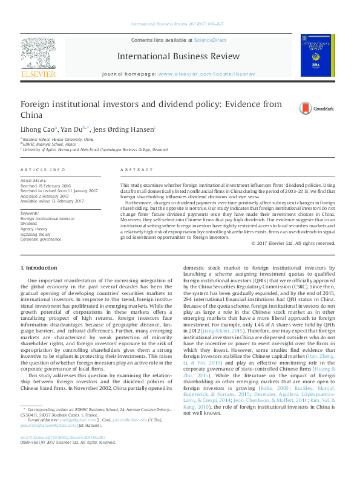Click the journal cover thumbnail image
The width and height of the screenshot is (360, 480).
[315, 56]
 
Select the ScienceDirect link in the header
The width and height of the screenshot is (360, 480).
[209, 40]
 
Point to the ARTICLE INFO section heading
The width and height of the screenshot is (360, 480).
[43, 170]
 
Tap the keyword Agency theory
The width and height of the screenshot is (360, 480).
[34, 229]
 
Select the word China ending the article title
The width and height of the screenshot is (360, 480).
[31, 115]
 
